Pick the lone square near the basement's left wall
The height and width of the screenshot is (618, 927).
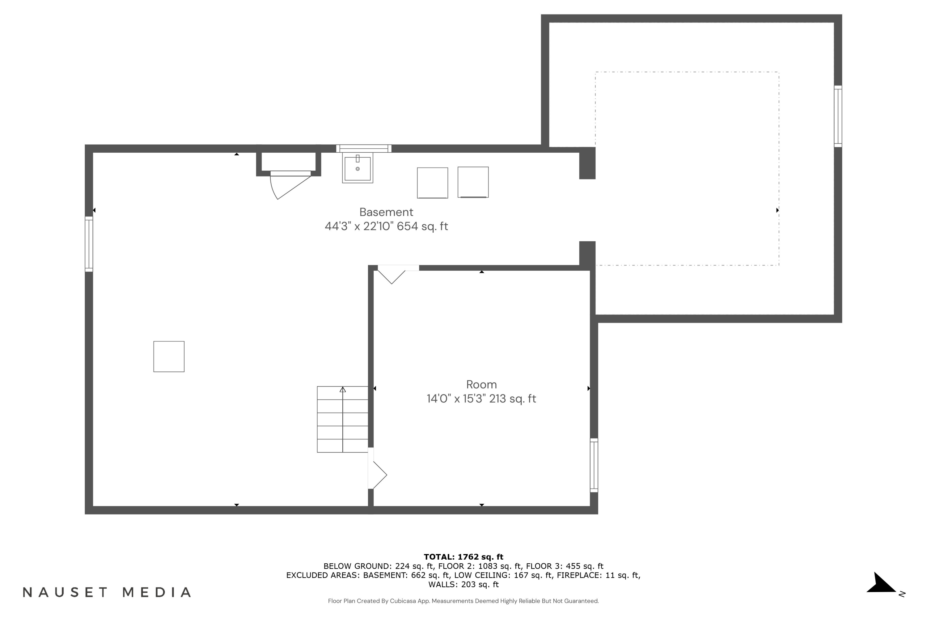(169, 356)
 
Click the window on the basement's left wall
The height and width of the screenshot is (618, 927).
(89, 244)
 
